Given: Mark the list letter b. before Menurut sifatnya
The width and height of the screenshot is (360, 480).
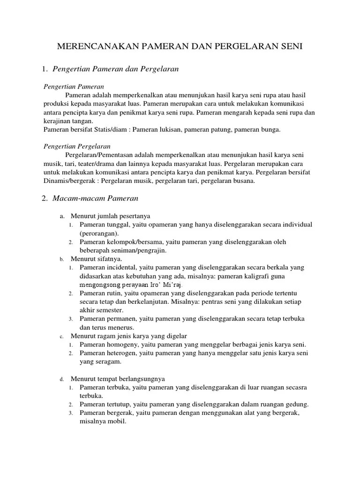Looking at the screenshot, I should tap(61, 259).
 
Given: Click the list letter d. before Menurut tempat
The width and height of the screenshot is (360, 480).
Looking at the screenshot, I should tap(61, 379).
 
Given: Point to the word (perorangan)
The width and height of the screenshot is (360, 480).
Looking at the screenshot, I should tap(99, 233).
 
